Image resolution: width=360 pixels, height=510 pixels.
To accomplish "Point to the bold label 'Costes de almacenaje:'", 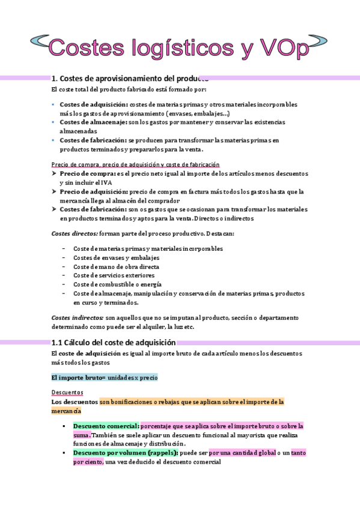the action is [x=93, y=122].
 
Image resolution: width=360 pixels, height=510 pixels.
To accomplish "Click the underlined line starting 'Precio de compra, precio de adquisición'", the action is [x=136, y=164].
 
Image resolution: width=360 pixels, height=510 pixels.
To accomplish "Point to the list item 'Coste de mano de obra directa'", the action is [x=116, y=266].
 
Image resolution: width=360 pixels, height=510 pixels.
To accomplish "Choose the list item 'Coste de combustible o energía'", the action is [x=117, y=284].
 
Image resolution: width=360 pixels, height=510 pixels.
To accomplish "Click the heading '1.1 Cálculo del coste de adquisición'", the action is [x=114, y=342].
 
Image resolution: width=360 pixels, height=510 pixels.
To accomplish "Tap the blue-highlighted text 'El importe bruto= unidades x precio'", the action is [x=105, y=378].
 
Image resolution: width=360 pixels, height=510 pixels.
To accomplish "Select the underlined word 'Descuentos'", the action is [x=67, y=392].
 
